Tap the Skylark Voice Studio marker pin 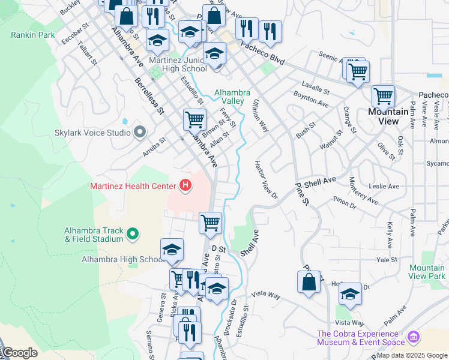point(140,132)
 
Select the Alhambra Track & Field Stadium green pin point(133,235)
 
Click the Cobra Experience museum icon point(413,338)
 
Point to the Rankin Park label point(32,35)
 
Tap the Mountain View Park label point(427,272)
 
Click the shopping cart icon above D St point(210,223)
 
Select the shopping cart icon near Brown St point(194,119)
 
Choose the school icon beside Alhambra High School point(172,250)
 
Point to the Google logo point(19,353)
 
